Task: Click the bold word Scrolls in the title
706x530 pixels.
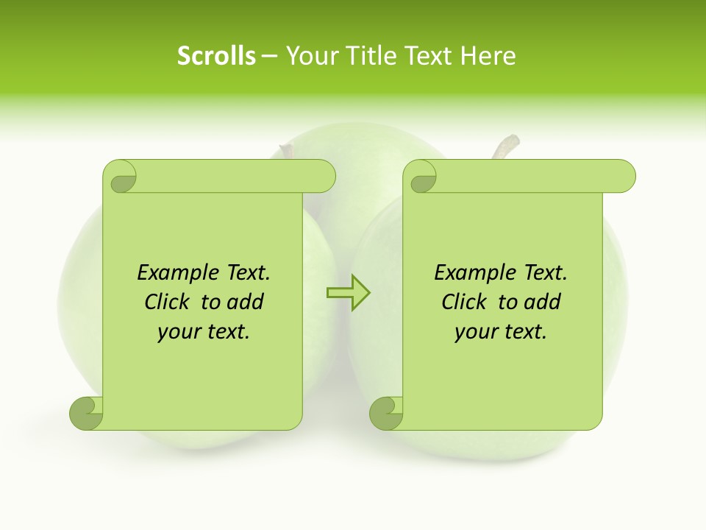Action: click(x=217, y=56)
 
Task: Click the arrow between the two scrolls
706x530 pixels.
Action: click(x=349, y=293)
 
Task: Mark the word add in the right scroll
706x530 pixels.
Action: click(x=543, y=302)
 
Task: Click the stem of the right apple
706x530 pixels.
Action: click(x=506, y=146)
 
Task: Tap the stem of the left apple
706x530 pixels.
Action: click(x=285, y=152)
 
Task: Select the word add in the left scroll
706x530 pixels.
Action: click(x=246, y=302)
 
